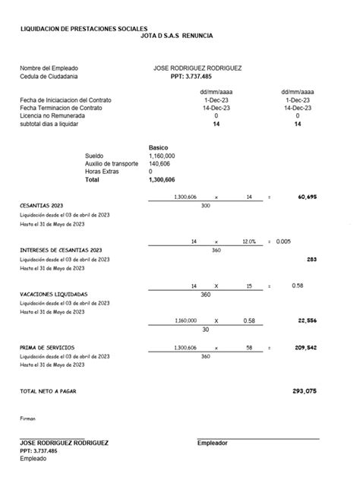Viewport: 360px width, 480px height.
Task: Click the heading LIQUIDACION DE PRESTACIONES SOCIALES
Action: click(84, 28)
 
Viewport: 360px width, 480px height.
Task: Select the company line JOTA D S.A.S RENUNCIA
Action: click(177, 36)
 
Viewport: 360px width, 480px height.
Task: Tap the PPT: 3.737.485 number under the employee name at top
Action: click(191, 77)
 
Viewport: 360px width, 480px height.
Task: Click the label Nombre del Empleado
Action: click(49, 68)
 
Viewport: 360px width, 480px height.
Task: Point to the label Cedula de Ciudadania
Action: click(49, 77)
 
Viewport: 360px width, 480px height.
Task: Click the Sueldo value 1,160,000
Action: click(162, 155)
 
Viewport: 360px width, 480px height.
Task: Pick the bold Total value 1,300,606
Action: click(162, 180)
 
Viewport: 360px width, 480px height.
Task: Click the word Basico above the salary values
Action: click(158, 147)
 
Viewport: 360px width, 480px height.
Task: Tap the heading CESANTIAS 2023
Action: click(41, 206)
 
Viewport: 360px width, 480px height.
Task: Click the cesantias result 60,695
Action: click(307, 197)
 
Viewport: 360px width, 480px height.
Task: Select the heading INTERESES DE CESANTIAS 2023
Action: click(61, 250)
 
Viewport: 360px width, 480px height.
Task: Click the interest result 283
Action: click(311, 259)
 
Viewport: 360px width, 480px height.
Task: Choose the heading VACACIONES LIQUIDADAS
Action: click(53, 294)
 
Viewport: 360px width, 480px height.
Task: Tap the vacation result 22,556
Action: click(307, 321)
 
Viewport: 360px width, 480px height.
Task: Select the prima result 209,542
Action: click(305, 347)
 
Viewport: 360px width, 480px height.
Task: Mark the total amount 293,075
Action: click(304, 391)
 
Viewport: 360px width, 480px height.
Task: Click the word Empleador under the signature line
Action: click(212, 443)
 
